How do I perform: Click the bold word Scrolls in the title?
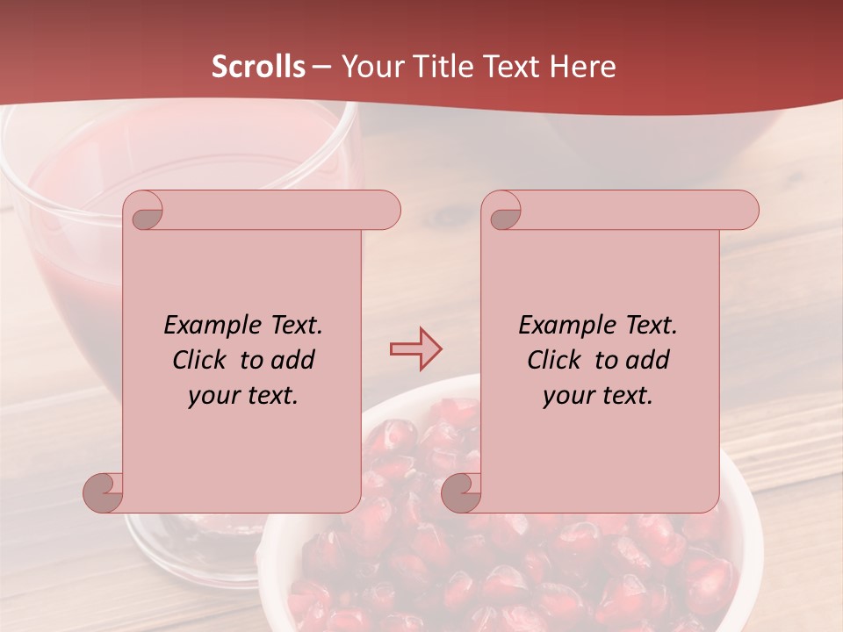pyautogui.click(x=259, y=67)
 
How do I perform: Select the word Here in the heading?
pyautogui.click(x=583, y=67)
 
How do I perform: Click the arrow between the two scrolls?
pyautogui.click(x=415, y=349)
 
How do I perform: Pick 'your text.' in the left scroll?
pyautogui.click(x=243, y=396)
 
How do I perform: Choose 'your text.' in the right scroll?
pyautogui.click(x=598, y=396)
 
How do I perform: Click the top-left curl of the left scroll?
pyautogui.click(x=147, y=213)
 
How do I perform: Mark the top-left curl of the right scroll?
pyautogui.click(x=505, y=213)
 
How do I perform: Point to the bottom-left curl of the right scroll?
pyautogui.click(x=462, y=493)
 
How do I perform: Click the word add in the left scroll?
pyautogui.click(x=293, y=360)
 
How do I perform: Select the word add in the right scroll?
pyautogui.click(x=648, y=360)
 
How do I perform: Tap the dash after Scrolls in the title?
pyautogui.click(x=321, y=67)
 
